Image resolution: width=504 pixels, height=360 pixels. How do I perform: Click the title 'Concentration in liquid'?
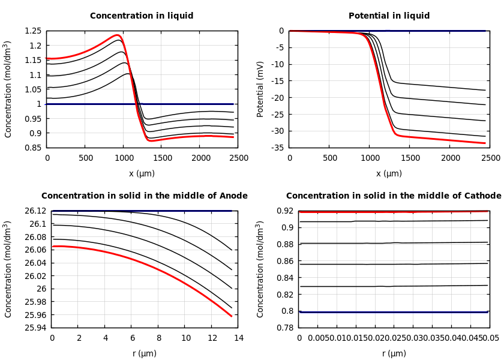pos(142,16)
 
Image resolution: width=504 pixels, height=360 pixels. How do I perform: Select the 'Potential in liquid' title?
pos(389,16)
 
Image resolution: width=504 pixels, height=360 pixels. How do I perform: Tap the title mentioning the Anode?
pos(144,196)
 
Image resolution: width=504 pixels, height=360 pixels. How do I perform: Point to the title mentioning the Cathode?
pos(393,196)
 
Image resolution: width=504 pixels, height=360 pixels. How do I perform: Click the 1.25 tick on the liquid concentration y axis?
pos(33,31)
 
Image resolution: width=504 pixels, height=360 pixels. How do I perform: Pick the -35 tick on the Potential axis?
pos(277,148)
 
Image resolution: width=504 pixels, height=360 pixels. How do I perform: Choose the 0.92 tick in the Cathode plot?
pos(286,211)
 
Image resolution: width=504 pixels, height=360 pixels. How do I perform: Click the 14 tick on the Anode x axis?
pos(238,338)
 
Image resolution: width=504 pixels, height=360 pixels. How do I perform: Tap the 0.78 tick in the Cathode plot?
pos(286,328)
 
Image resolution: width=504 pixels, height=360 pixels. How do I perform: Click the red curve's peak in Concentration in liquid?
pos(117,35)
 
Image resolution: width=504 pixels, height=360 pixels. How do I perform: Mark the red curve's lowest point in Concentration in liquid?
pos(150,140)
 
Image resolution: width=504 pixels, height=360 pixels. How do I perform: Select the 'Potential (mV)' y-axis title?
pos(260,89)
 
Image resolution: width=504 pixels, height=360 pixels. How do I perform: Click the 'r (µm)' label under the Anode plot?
pos(144,353)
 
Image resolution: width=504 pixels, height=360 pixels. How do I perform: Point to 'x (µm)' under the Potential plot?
pos(389,173)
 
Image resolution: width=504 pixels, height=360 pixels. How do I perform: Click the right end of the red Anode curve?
pos(232,316)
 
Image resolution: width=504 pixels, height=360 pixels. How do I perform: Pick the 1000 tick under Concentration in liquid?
pos(124,158)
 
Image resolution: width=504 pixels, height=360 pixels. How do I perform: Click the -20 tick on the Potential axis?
pos(277,98)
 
